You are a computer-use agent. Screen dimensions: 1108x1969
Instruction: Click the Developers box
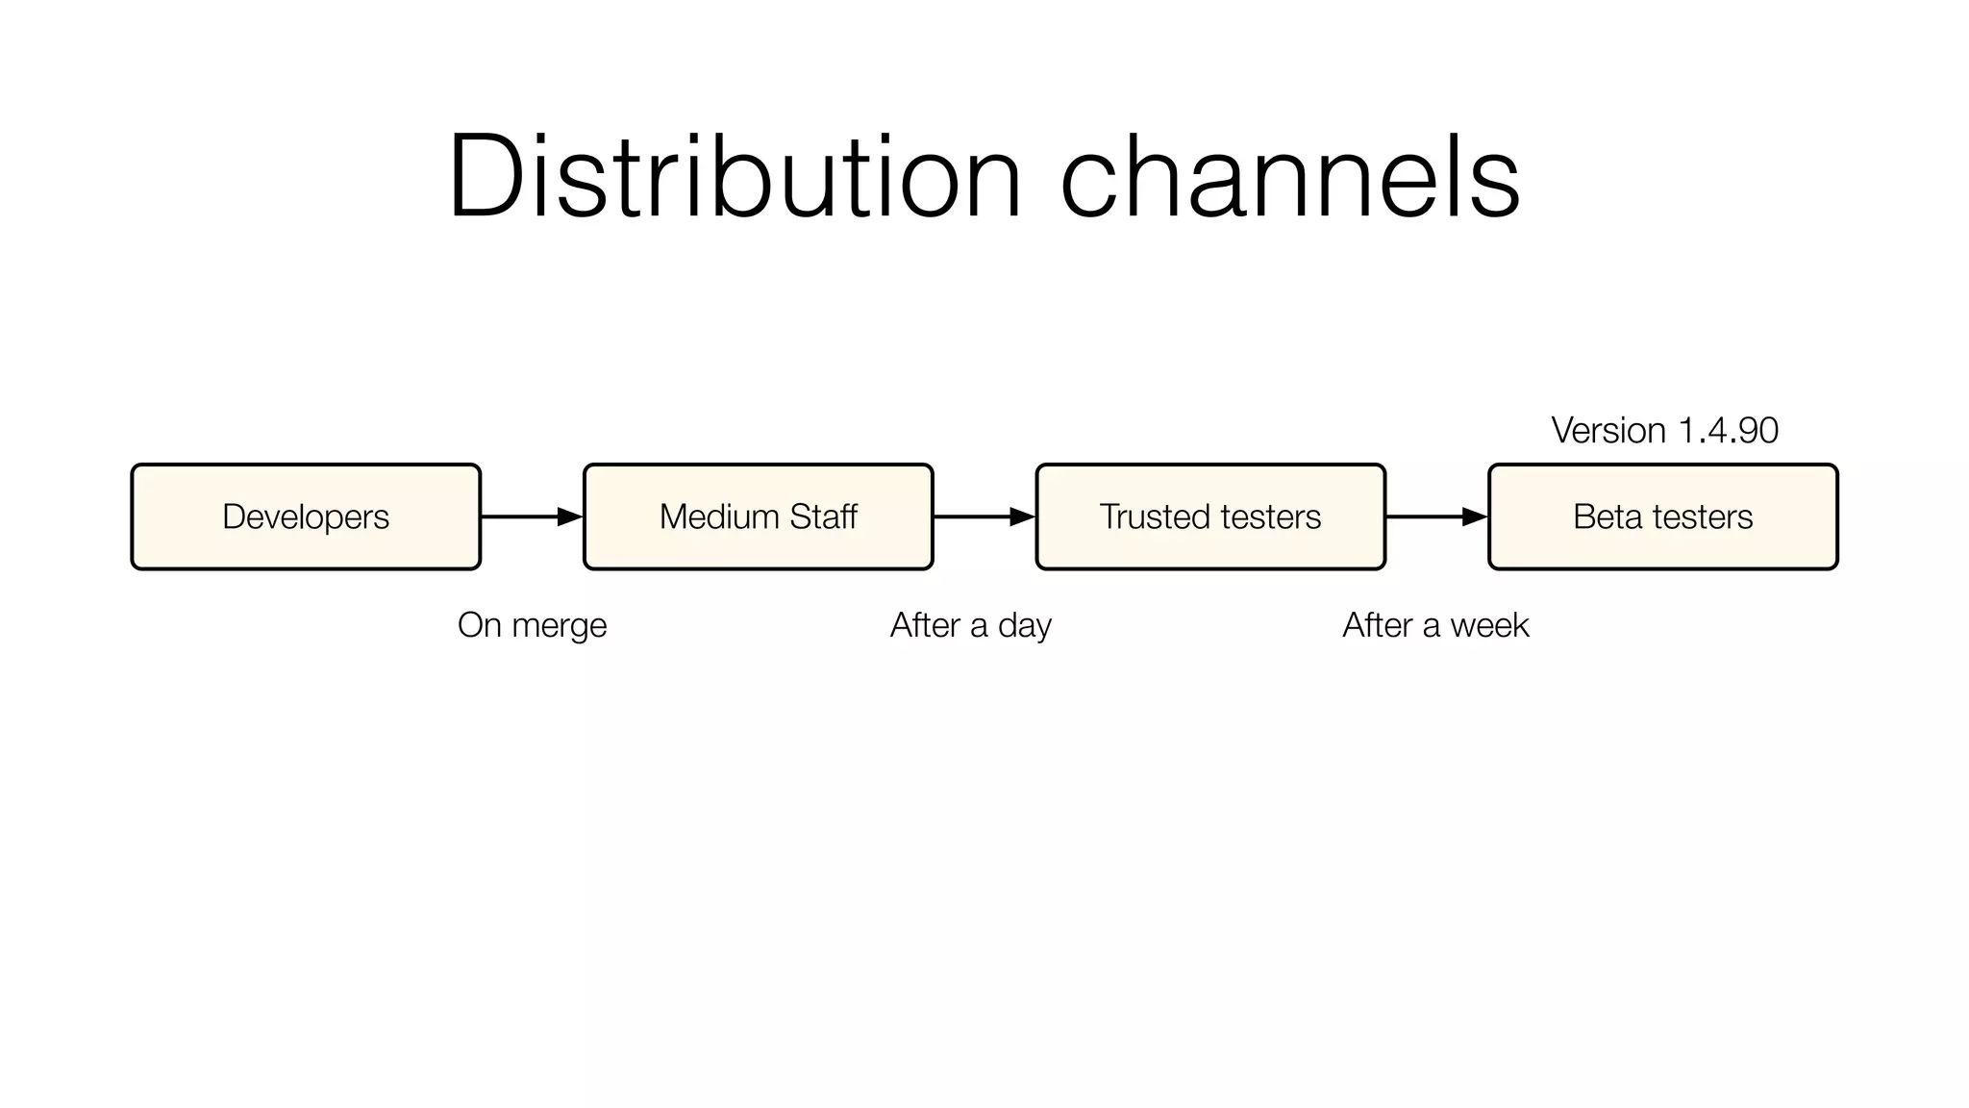pos(306,516)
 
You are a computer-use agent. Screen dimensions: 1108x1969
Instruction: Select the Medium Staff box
pos(758,516)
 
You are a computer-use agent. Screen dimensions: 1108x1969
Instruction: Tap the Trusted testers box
pos(1210,516)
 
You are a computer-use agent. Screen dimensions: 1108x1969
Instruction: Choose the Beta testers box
pos(1662,516)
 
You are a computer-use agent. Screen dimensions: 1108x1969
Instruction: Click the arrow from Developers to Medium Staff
pos(532,516)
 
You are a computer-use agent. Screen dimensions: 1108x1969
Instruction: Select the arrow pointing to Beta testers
pos(1436,516)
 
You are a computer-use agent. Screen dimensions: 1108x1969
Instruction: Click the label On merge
pos(532,625)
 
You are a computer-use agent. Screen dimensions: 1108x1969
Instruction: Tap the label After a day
pos(970,625)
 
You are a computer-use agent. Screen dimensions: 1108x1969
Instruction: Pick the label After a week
pos(1434,625)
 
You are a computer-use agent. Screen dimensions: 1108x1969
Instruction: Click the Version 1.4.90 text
pos(1664,430)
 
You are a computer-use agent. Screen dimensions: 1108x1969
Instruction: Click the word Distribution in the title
pos(734,178)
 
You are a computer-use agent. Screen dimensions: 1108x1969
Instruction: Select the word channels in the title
pos(1289,178)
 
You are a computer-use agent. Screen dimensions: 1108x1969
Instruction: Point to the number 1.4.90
pos(1728,430)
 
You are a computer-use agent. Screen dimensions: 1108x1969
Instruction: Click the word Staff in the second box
pos(823,516)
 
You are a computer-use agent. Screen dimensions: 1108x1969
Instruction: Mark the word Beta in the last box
pos(1607,516)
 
